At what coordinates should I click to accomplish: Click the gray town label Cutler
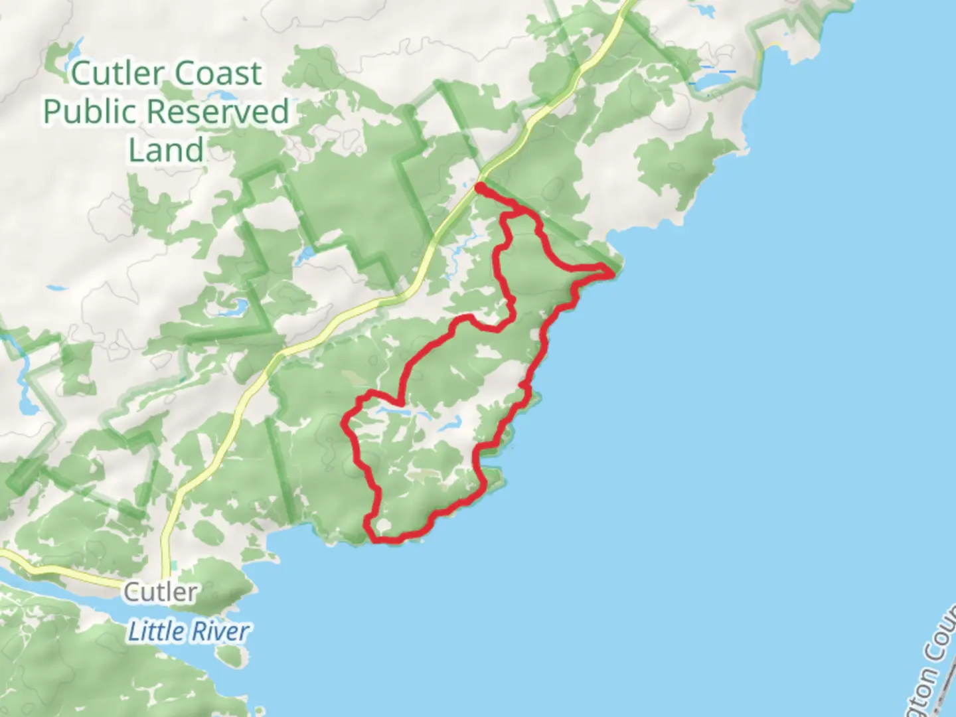tap(161, 592)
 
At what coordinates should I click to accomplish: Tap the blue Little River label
tap(189, 631)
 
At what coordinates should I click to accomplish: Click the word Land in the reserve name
tap(166, 150)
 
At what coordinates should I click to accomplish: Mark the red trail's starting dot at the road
tap(479, 188)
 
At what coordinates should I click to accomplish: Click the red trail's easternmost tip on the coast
tap(612, 271)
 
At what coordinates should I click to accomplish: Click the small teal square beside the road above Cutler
tap(174, 565)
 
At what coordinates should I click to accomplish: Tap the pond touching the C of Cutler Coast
tap(73, 52)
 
